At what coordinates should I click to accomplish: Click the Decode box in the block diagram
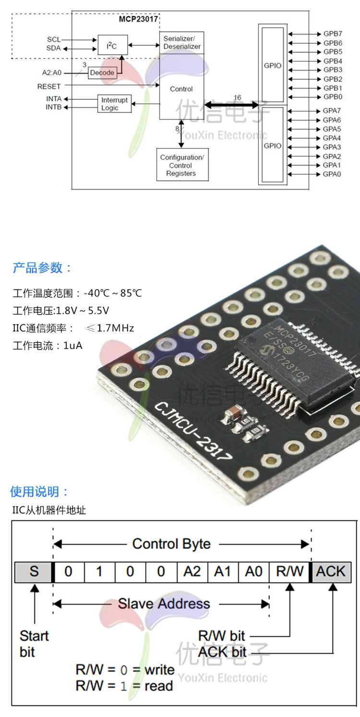tap(102, 73)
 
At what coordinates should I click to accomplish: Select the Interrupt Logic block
tap(114, 104)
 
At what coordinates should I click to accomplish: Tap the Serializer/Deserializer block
tap(182, 42)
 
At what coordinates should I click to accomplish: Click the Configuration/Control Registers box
tap(182, 165)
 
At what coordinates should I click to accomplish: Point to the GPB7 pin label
tap(332, 34)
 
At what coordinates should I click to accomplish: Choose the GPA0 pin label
tap(332, 174)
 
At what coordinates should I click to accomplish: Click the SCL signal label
tap(54, 39)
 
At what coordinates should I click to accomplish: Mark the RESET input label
tap(49, 86)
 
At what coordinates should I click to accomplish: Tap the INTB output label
tap(53, 107)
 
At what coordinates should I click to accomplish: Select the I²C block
tap(112, 45)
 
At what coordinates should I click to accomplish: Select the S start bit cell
tap(34, 571)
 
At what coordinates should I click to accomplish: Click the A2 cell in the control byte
tap(192, 571)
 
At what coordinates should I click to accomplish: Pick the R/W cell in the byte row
tap(290, 571)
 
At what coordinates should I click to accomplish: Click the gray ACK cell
tap(331, 571)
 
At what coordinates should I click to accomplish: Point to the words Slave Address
tap(164, 604)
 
